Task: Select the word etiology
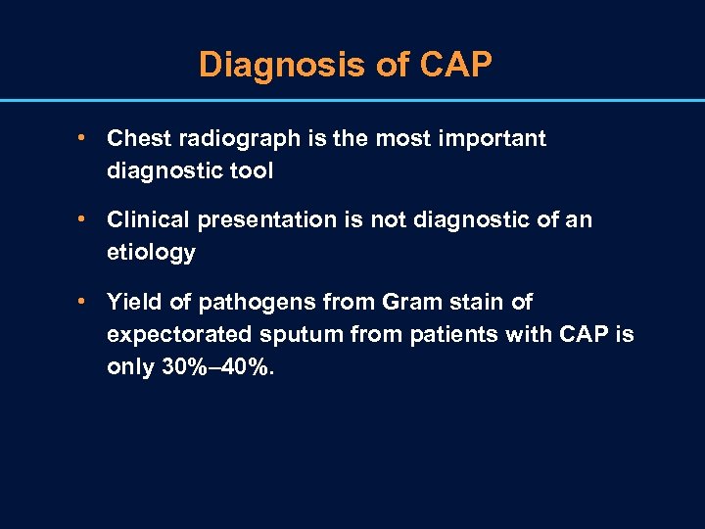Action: [x=151, y=253]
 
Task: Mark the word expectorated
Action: [x=174, y=334]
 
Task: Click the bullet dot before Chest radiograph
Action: [x=86, y=139]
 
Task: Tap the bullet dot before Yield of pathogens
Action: [x=86, y=302]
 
